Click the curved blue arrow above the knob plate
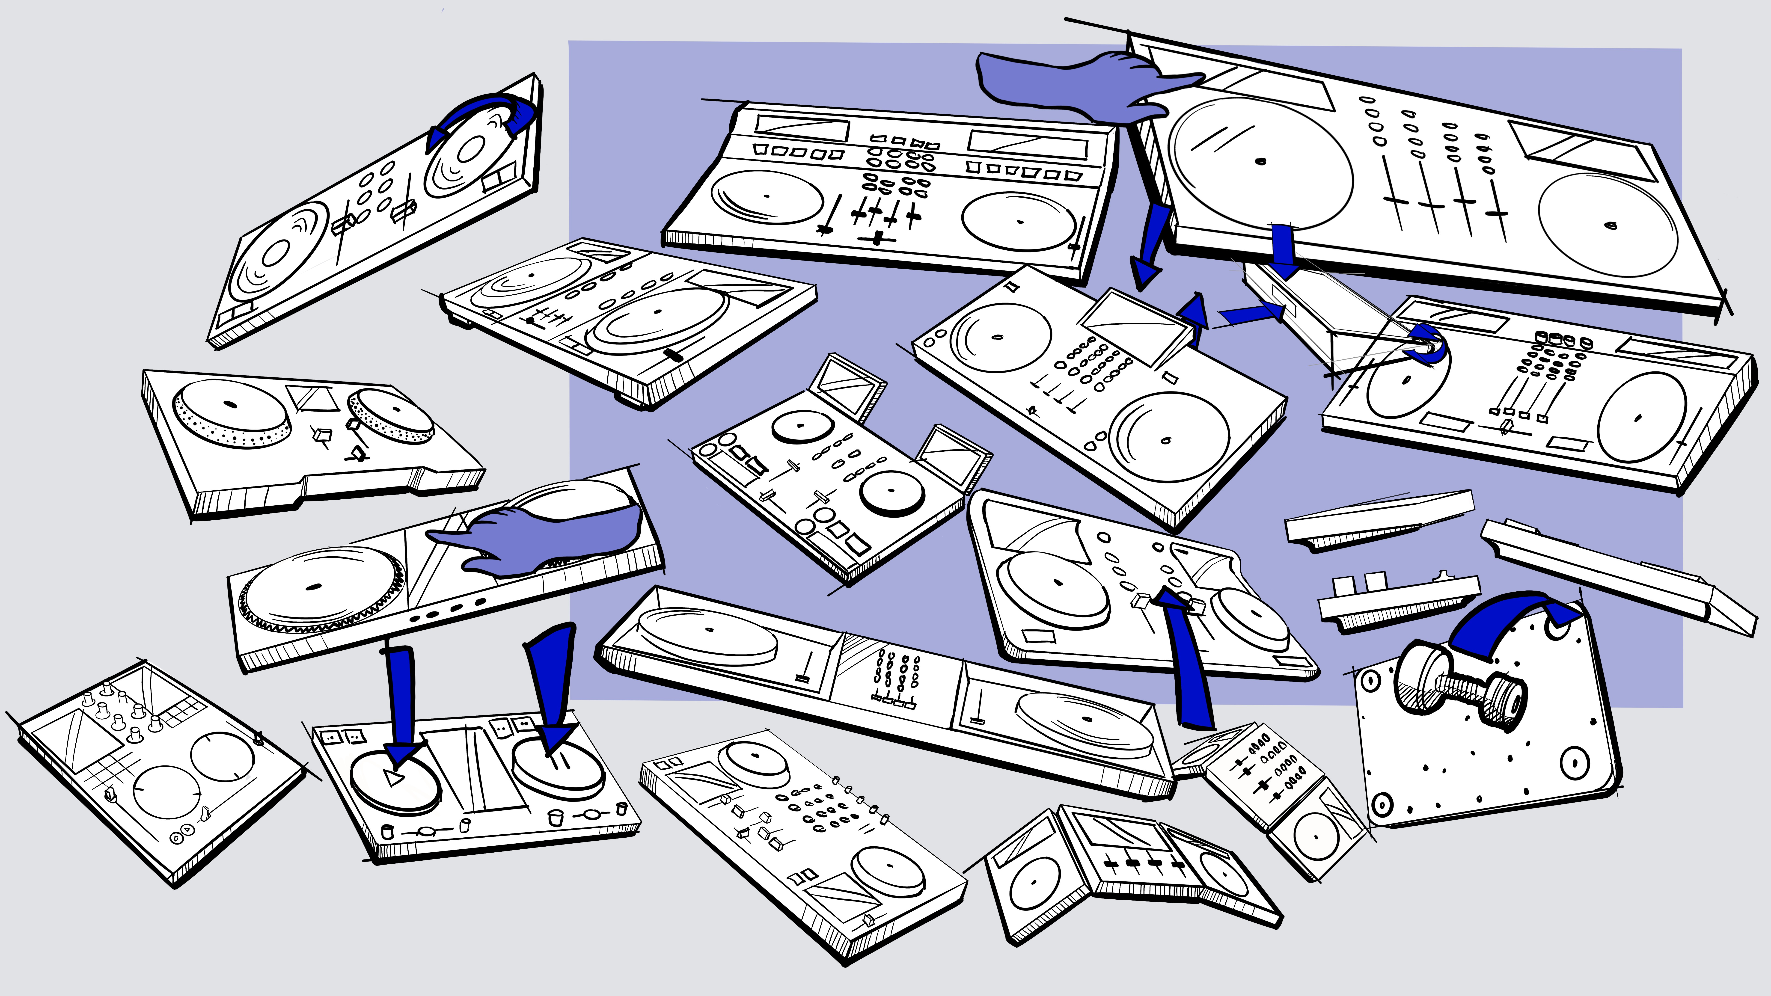click(x=1506, y=622)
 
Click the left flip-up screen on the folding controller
click(x=846, y=385)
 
